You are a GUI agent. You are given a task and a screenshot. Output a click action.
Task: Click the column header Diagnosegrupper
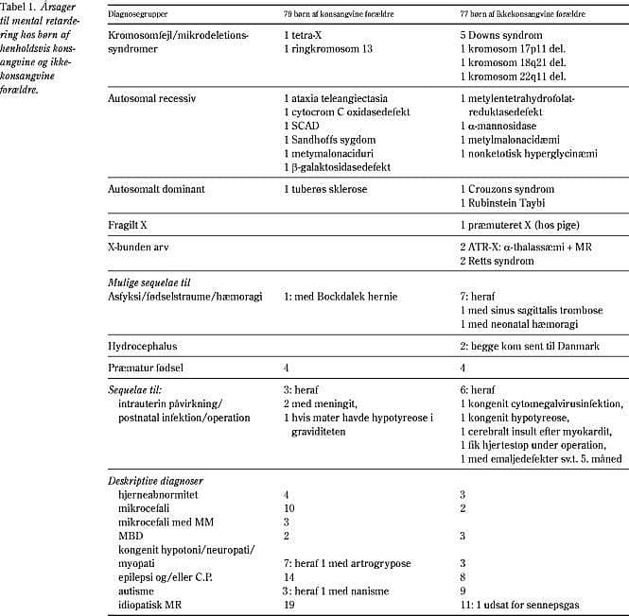(x=140, y=15)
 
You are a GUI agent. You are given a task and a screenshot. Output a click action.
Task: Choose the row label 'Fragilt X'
(x=129, y=228)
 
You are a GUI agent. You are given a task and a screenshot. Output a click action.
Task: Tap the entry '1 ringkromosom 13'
(x=326, y=46)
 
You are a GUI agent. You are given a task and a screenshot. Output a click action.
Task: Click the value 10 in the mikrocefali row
(x=288, y=508)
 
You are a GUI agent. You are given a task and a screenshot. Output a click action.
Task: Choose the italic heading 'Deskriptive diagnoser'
(x=154, y=481)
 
